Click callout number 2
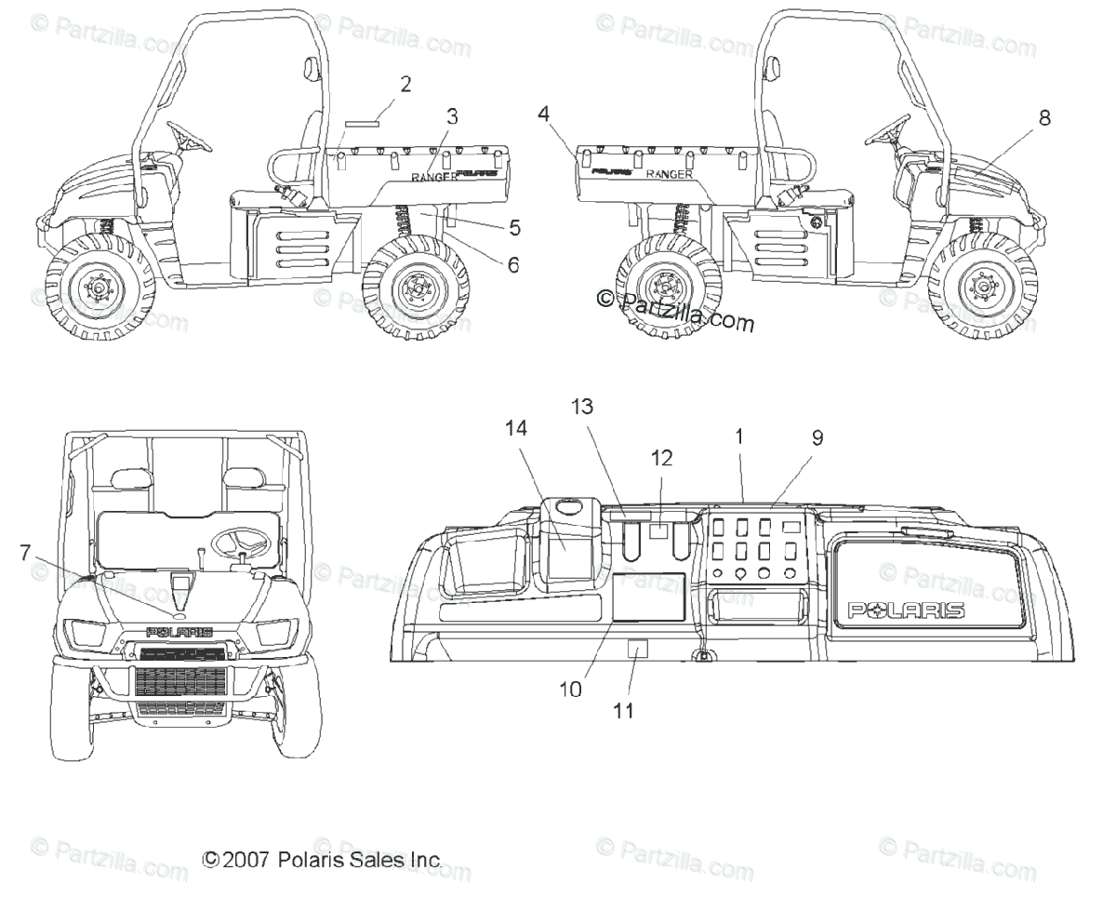(x=405, y=84)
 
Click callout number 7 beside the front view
(x=25, y=552)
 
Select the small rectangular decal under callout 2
(x=364, y=122)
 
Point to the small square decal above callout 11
(x=638, y=649)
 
